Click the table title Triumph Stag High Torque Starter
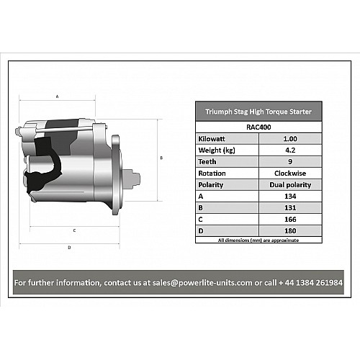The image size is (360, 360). point(258,112)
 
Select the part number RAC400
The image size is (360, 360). point(258,127)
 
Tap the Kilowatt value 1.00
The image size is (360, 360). point(290,139)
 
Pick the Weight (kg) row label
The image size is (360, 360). point(217,150)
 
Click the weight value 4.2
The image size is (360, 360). point(290,150)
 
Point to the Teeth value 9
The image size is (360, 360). point(290,162)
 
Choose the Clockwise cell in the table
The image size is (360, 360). point(290,174)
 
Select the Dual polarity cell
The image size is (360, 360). point(290,185)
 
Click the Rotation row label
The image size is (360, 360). point(212,174)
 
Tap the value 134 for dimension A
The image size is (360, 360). point(290,197)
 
